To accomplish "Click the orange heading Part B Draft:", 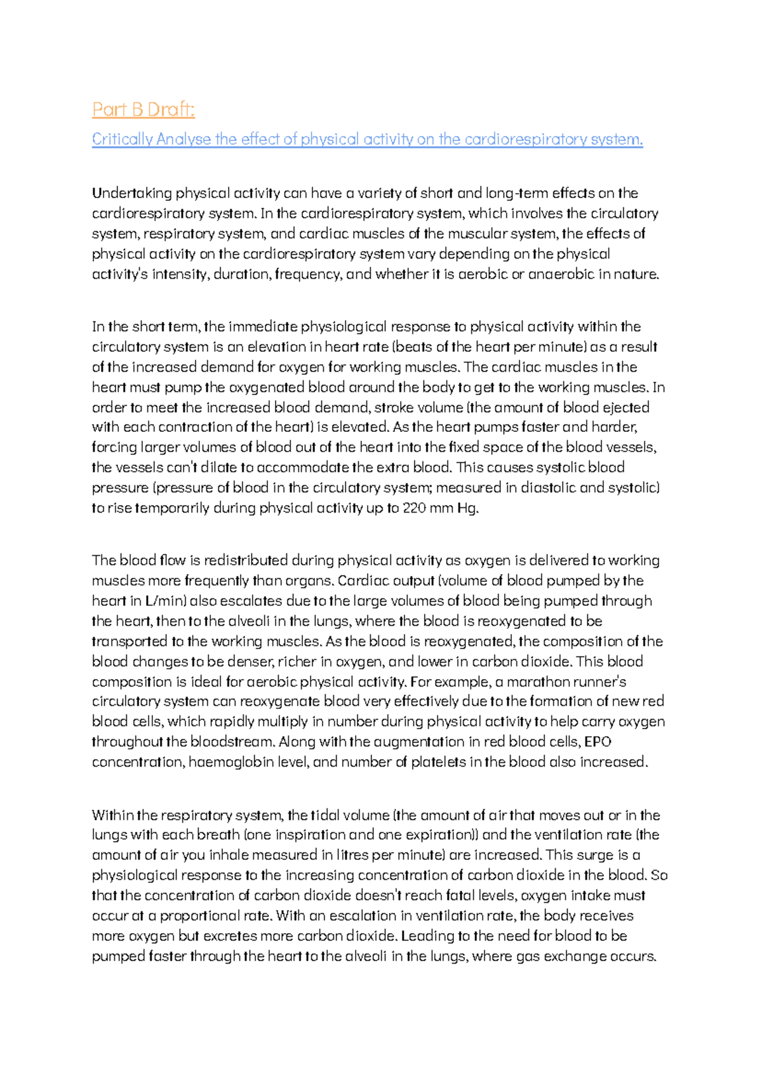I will [x=143, y=110].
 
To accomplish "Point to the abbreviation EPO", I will [x=598, y=742].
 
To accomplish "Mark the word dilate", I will [x=218, y=467].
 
